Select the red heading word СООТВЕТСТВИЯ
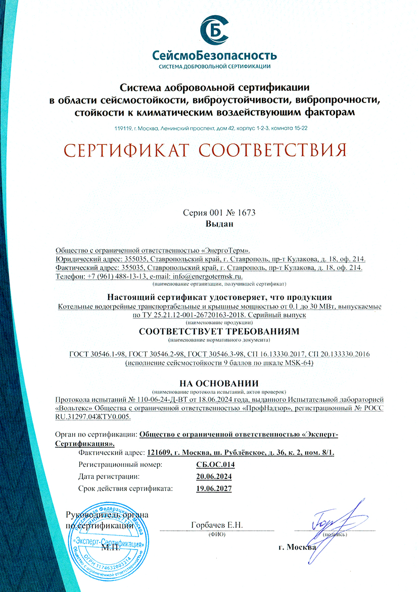(272, 150)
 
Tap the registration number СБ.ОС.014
(215, 465)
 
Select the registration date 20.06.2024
(214, 476)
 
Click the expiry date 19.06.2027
(214, 489)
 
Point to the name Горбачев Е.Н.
(217, 525)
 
